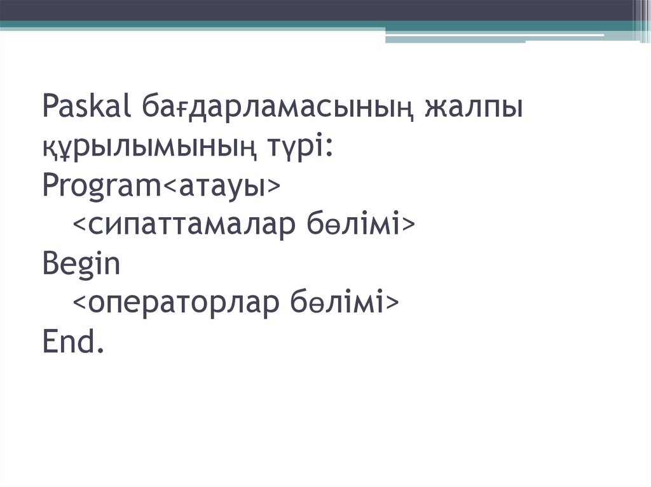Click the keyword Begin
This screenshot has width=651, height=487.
(81, 264)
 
